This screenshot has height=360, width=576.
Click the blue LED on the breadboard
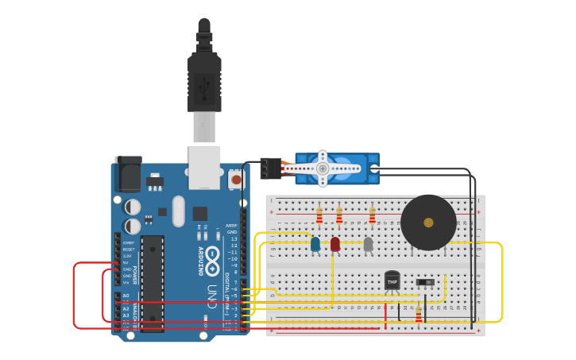point(315,244)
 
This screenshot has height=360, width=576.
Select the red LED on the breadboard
point(335,244)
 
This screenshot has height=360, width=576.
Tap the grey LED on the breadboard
point(368,244)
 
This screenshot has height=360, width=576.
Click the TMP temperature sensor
point(392,280)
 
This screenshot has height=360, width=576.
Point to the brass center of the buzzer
point(429,223)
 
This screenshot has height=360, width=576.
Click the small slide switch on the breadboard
point(425,282)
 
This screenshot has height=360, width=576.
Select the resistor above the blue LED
point(319,216)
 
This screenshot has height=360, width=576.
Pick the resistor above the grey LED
point(372,216)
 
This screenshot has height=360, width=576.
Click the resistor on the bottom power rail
point(419,315)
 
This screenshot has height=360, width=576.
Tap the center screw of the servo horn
point(323,168)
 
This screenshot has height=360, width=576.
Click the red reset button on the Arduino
point(236,180)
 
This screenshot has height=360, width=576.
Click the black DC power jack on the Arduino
point(128,173)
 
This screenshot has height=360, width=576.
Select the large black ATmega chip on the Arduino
point(153,282)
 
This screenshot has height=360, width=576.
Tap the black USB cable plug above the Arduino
point(204,83)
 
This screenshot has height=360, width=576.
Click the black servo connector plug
point(270,168)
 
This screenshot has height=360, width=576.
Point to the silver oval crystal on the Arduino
point(178,211)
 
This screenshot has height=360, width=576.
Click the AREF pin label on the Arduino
point(231,226)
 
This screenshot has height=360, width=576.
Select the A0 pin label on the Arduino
point(126,296)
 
